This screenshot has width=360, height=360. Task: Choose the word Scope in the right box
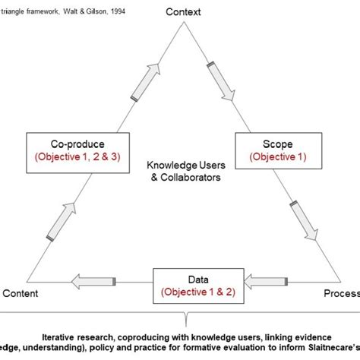276,142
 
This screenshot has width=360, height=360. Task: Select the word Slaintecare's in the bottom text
334,347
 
